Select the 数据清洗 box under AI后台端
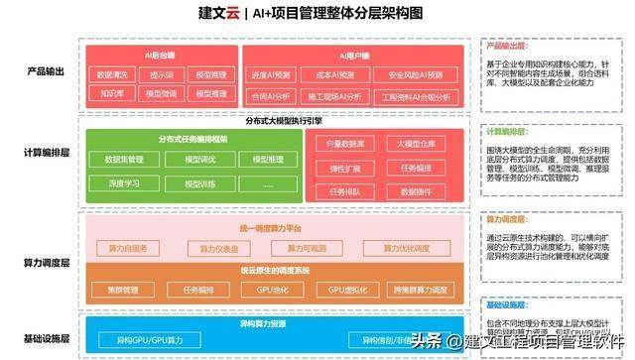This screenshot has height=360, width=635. click(110, 74)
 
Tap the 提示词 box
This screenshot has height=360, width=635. click(162, 74)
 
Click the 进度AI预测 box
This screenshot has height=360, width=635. click(271, 74)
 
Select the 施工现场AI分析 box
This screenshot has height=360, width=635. click(336, 97)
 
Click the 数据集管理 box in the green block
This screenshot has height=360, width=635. click(120, 160)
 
